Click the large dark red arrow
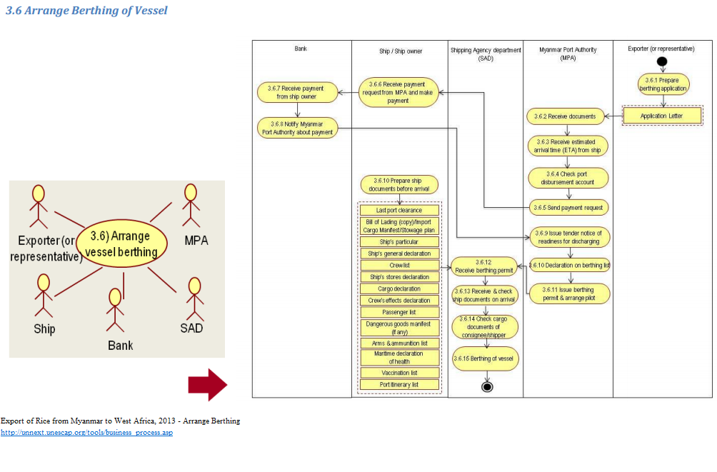tap(207, 386)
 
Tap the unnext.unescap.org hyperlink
tap(86, 433)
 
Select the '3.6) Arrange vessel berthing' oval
tap(121, 243)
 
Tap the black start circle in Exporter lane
tap(662, 61)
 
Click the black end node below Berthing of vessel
tap(488, 387)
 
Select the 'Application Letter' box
tap(662, 116)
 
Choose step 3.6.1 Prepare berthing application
tap(663, 84)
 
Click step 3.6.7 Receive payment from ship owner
tap(296, 92)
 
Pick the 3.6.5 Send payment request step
tap(568, 208)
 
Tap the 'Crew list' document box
tap(399, 265)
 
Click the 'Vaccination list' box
tap(399, 373)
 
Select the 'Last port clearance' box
tap(399, 211)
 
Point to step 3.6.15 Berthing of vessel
tap(486, 358)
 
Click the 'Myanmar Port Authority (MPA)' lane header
tap(568, 54)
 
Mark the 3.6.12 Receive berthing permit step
tap(484, 267)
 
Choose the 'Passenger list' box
tap(399, 312)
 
